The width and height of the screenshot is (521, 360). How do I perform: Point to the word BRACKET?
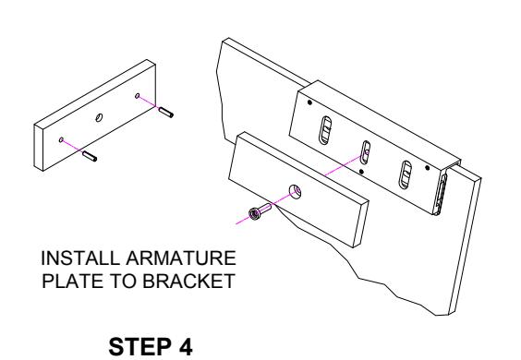tap(188, 281)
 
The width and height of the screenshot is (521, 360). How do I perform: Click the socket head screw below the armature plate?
tap(260, 210)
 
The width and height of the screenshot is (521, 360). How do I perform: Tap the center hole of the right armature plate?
tap(295, 191)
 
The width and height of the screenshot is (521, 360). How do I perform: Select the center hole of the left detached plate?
tap(99, 117)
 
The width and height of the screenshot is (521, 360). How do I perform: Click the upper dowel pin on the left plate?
tap(165, 112)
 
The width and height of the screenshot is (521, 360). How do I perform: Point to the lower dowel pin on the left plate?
tap(90, 156)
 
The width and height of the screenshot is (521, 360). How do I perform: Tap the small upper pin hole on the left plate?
tap(138, 96)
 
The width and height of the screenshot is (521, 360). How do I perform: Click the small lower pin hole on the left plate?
tap(61, 139)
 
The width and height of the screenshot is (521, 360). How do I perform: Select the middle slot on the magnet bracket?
tap(366, 152)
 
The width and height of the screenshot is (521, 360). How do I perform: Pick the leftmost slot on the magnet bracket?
tap(325, 130)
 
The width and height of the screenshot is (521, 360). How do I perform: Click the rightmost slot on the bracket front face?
tap(406, 174)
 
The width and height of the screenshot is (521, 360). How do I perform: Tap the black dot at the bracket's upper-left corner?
tap(309, 102)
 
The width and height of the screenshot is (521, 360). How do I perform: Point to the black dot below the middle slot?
tap(361, 172)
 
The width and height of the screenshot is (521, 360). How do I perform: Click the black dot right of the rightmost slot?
tap(428, 168)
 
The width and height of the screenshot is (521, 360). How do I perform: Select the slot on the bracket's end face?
tap(442, 192)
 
